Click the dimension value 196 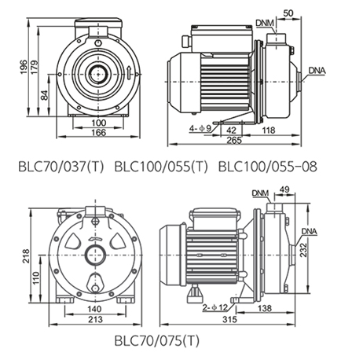coord(24,67)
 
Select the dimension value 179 coord(35,68)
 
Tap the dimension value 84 coord(45,95)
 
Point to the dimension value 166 coord(99,132)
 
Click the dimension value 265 coord(234,141)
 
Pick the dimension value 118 coord(269,130)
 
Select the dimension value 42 coord(231,130)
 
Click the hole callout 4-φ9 coord(200,129)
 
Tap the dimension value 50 coord(288,13)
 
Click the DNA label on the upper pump coord(317,71)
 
